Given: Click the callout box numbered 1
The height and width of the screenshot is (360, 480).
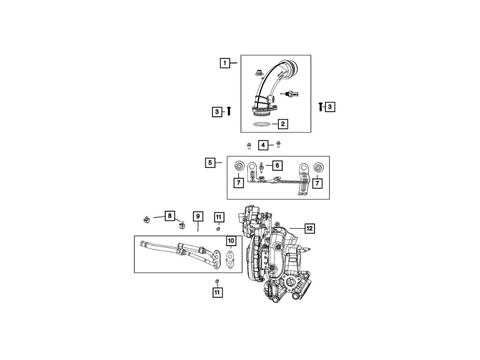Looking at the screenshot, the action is tap(225, 63).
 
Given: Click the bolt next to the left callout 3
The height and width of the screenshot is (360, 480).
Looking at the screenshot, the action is tap(229, 111).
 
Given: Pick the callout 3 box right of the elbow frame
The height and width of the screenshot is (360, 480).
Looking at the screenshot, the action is tap(330, 107).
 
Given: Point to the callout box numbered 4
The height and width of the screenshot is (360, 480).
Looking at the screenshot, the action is tap(263, 145).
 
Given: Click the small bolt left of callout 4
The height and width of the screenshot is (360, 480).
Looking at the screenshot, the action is tap(249, 146).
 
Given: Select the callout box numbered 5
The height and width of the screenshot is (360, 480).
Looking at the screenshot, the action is tap(210, 163).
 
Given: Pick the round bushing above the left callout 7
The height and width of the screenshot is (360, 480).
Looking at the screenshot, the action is tap(239, 166).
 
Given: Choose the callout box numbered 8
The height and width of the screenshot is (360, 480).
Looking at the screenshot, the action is tap(169, 216).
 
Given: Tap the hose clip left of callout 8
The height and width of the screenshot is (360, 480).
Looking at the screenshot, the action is tap(146, 218).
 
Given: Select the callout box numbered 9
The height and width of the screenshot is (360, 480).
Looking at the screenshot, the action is tap(198, 216).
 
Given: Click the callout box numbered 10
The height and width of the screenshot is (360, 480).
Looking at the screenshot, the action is tap(231, 241).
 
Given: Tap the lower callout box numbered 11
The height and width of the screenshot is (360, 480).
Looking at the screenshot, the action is tap(217, 292).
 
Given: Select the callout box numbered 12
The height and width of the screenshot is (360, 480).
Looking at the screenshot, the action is tap(309, 228).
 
